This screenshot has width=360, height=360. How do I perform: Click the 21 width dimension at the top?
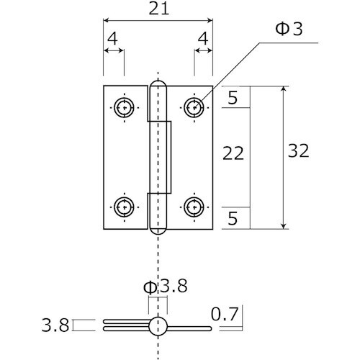click(159, 9)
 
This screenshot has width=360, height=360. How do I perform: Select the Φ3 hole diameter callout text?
click(289, 30)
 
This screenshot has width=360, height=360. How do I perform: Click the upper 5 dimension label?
click(233, 97)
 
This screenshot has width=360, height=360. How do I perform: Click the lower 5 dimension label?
click(233, 218)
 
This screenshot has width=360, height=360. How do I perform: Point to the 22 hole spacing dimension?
click(233, 153)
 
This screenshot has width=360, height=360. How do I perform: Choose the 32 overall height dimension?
click(298, 150)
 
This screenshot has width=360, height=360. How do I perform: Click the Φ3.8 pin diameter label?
click(165, 286)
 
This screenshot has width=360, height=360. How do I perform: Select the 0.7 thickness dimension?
click(225, 315)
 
